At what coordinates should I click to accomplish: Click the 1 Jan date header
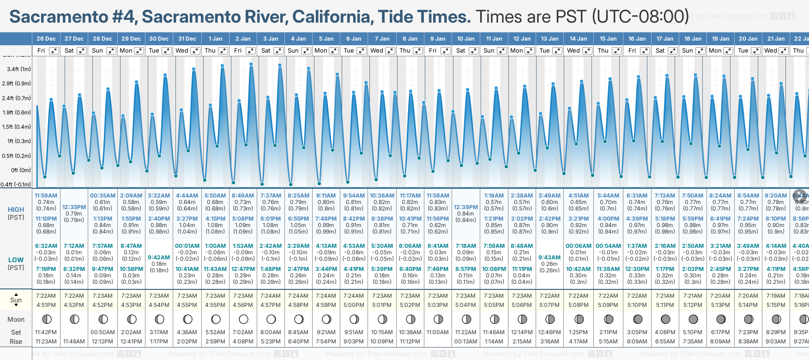point(215,39)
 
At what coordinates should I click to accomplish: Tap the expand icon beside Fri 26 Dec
point(54,51)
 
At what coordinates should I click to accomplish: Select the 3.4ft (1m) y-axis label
point(19,69)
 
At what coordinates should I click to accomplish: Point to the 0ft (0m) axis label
point(21,170)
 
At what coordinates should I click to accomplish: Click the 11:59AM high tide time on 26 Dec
point(46,196)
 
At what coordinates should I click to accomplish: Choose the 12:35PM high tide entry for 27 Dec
point(74,207)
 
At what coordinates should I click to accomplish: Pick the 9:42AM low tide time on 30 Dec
point(159,258)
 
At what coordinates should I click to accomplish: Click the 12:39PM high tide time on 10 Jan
point(465,207)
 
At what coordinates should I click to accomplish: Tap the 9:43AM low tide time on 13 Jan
point(549,258)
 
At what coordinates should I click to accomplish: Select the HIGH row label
point(16,210)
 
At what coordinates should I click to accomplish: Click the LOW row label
point(16,260)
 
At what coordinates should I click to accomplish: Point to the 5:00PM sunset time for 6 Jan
point(354,305)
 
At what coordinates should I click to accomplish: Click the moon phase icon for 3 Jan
point(271,319)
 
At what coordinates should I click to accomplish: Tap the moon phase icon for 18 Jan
point(693,319)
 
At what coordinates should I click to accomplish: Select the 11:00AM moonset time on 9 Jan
point(438,332)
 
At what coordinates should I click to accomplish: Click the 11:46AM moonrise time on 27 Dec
point(74,342)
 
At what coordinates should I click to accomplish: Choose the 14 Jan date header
point(578,39)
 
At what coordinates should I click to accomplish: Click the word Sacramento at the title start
point(59,17)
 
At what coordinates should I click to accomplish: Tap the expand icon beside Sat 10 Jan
point(473,51)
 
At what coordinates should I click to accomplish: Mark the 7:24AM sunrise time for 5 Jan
point(326,296)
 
